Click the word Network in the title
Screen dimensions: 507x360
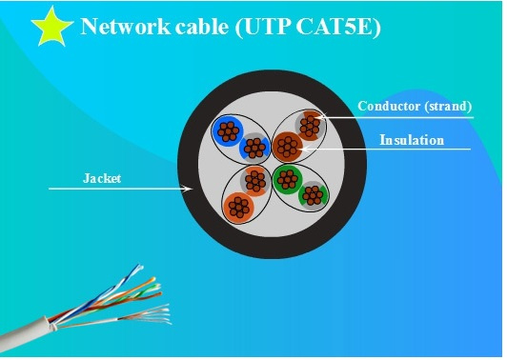126,26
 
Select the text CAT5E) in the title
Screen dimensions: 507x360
338,27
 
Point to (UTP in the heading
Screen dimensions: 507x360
263,27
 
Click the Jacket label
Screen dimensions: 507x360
102,178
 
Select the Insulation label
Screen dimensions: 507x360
412,140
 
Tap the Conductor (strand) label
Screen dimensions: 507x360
415,107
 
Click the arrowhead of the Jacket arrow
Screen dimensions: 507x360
188,189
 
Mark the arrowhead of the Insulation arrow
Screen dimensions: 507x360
303,149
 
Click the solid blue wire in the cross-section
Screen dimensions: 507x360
228,131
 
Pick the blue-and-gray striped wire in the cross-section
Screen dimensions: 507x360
254,148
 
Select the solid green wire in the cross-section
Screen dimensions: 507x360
288,179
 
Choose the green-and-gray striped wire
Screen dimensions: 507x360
313,196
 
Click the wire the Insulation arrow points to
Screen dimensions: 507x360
288,147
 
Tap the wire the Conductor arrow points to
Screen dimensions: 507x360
310,126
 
